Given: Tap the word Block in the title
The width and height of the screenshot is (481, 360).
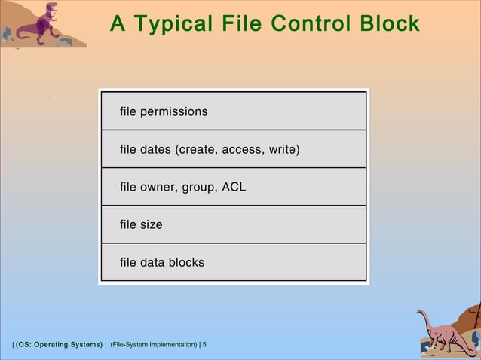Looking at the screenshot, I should [390, 24].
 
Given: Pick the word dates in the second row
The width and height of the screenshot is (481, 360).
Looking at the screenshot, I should [155, 150].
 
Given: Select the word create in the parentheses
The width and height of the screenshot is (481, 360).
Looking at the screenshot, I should [197, 150].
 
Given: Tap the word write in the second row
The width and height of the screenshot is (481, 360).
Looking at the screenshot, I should [282, 150].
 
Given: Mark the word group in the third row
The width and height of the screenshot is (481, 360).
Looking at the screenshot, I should [198, 188].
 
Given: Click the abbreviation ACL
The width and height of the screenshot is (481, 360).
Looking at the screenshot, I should [234, 188].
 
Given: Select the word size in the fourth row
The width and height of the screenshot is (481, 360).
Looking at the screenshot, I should [151, 225].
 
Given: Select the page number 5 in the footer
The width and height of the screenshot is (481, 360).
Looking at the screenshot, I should [204, 345].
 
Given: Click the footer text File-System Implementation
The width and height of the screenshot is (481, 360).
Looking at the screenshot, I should [153, 345].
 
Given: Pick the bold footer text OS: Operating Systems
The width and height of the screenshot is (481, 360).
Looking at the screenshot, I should [59, 345].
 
